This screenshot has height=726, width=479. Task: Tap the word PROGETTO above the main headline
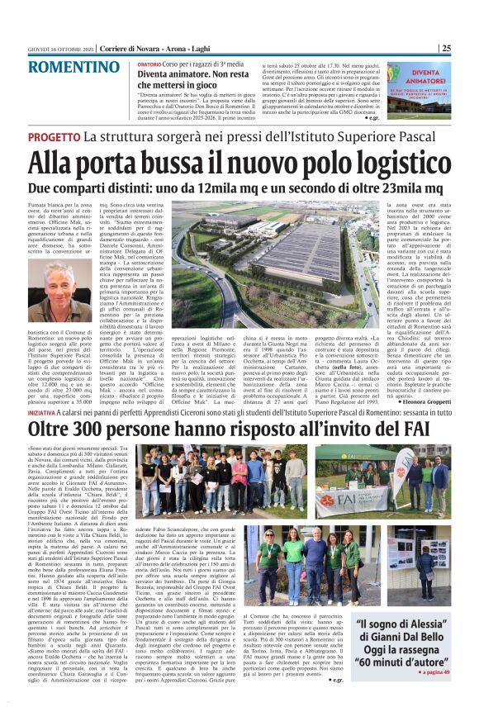pyautogui.click(x=55, y=137)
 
